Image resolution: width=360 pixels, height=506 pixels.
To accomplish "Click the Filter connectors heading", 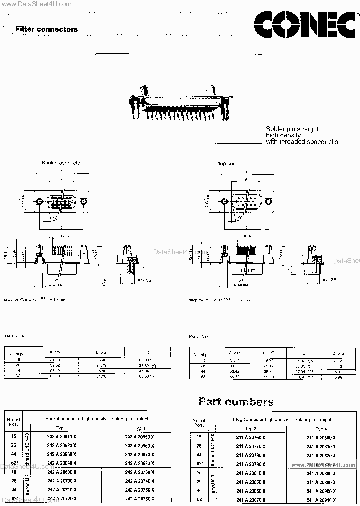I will pyautogui.click(x=46, y=29).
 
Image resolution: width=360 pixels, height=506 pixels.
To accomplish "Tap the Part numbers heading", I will pyautogui.click(x=236, y=401).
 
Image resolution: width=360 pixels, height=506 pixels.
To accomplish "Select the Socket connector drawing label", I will pyautogui.click(x=62, y=163).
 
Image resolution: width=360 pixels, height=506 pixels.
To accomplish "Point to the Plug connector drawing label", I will pyautogui.click(x=233, y=163).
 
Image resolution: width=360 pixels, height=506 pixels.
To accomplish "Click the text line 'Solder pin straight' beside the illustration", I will pyautogui.click(x=292, y=129).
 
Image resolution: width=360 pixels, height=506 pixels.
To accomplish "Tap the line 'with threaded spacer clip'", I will pyautogui.click(x=301, y=142).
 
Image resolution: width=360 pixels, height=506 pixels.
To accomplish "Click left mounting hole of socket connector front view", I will pyautogui.click(x=40, y=202).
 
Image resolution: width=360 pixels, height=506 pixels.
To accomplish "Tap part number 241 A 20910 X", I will pyautogui.click(x=321, y=499).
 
